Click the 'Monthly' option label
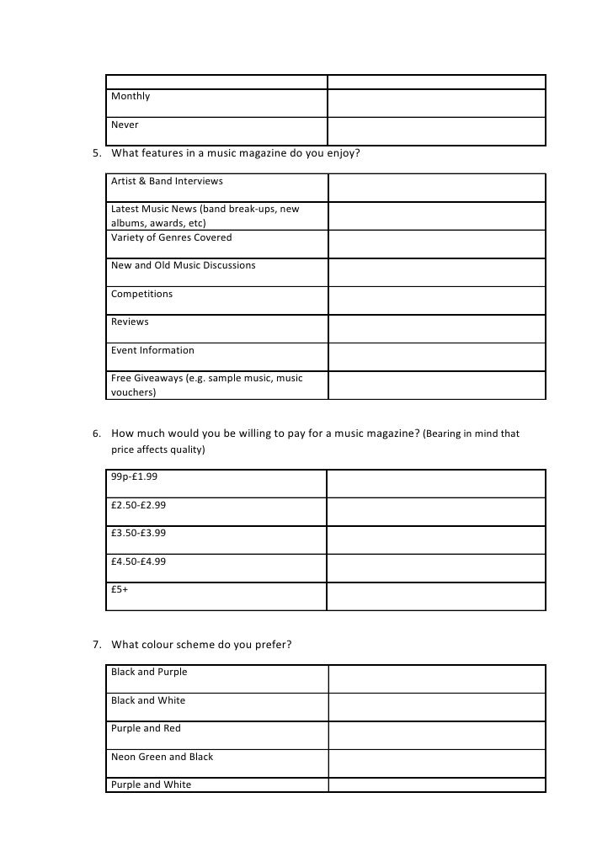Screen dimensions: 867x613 coord(131,97)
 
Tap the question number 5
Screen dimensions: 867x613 coord(96,153)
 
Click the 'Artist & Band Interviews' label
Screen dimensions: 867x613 coord(167,182)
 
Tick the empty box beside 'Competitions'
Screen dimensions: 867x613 coord(436,301)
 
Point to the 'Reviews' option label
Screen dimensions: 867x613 coord(130,322)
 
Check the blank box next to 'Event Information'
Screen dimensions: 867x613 coord(436,357)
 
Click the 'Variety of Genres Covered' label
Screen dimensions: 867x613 coord(171,238)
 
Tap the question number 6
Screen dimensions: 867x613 coord(96,434)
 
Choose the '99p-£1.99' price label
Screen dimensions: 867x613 coord(134,476)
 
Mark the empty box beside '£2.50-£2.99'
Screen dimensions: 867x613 coord(436,512)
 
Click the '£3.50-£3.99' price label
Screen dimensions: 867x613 coord(138,533)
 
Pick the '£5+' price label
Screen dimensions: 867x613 coord(120,590)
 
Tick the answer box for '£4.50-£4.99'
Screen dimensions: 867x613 coord(436,568)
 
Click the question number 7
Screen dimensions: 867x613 coord(96,646)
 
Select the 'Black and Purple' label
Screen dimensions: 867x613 coord(149,673)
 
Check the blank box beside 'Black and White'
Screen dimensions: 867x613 coord(436,708)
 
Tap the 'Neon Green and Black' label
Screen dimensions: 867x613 coord(162,758)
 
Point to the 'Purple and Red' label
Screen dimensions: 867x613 coord(146,729)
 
